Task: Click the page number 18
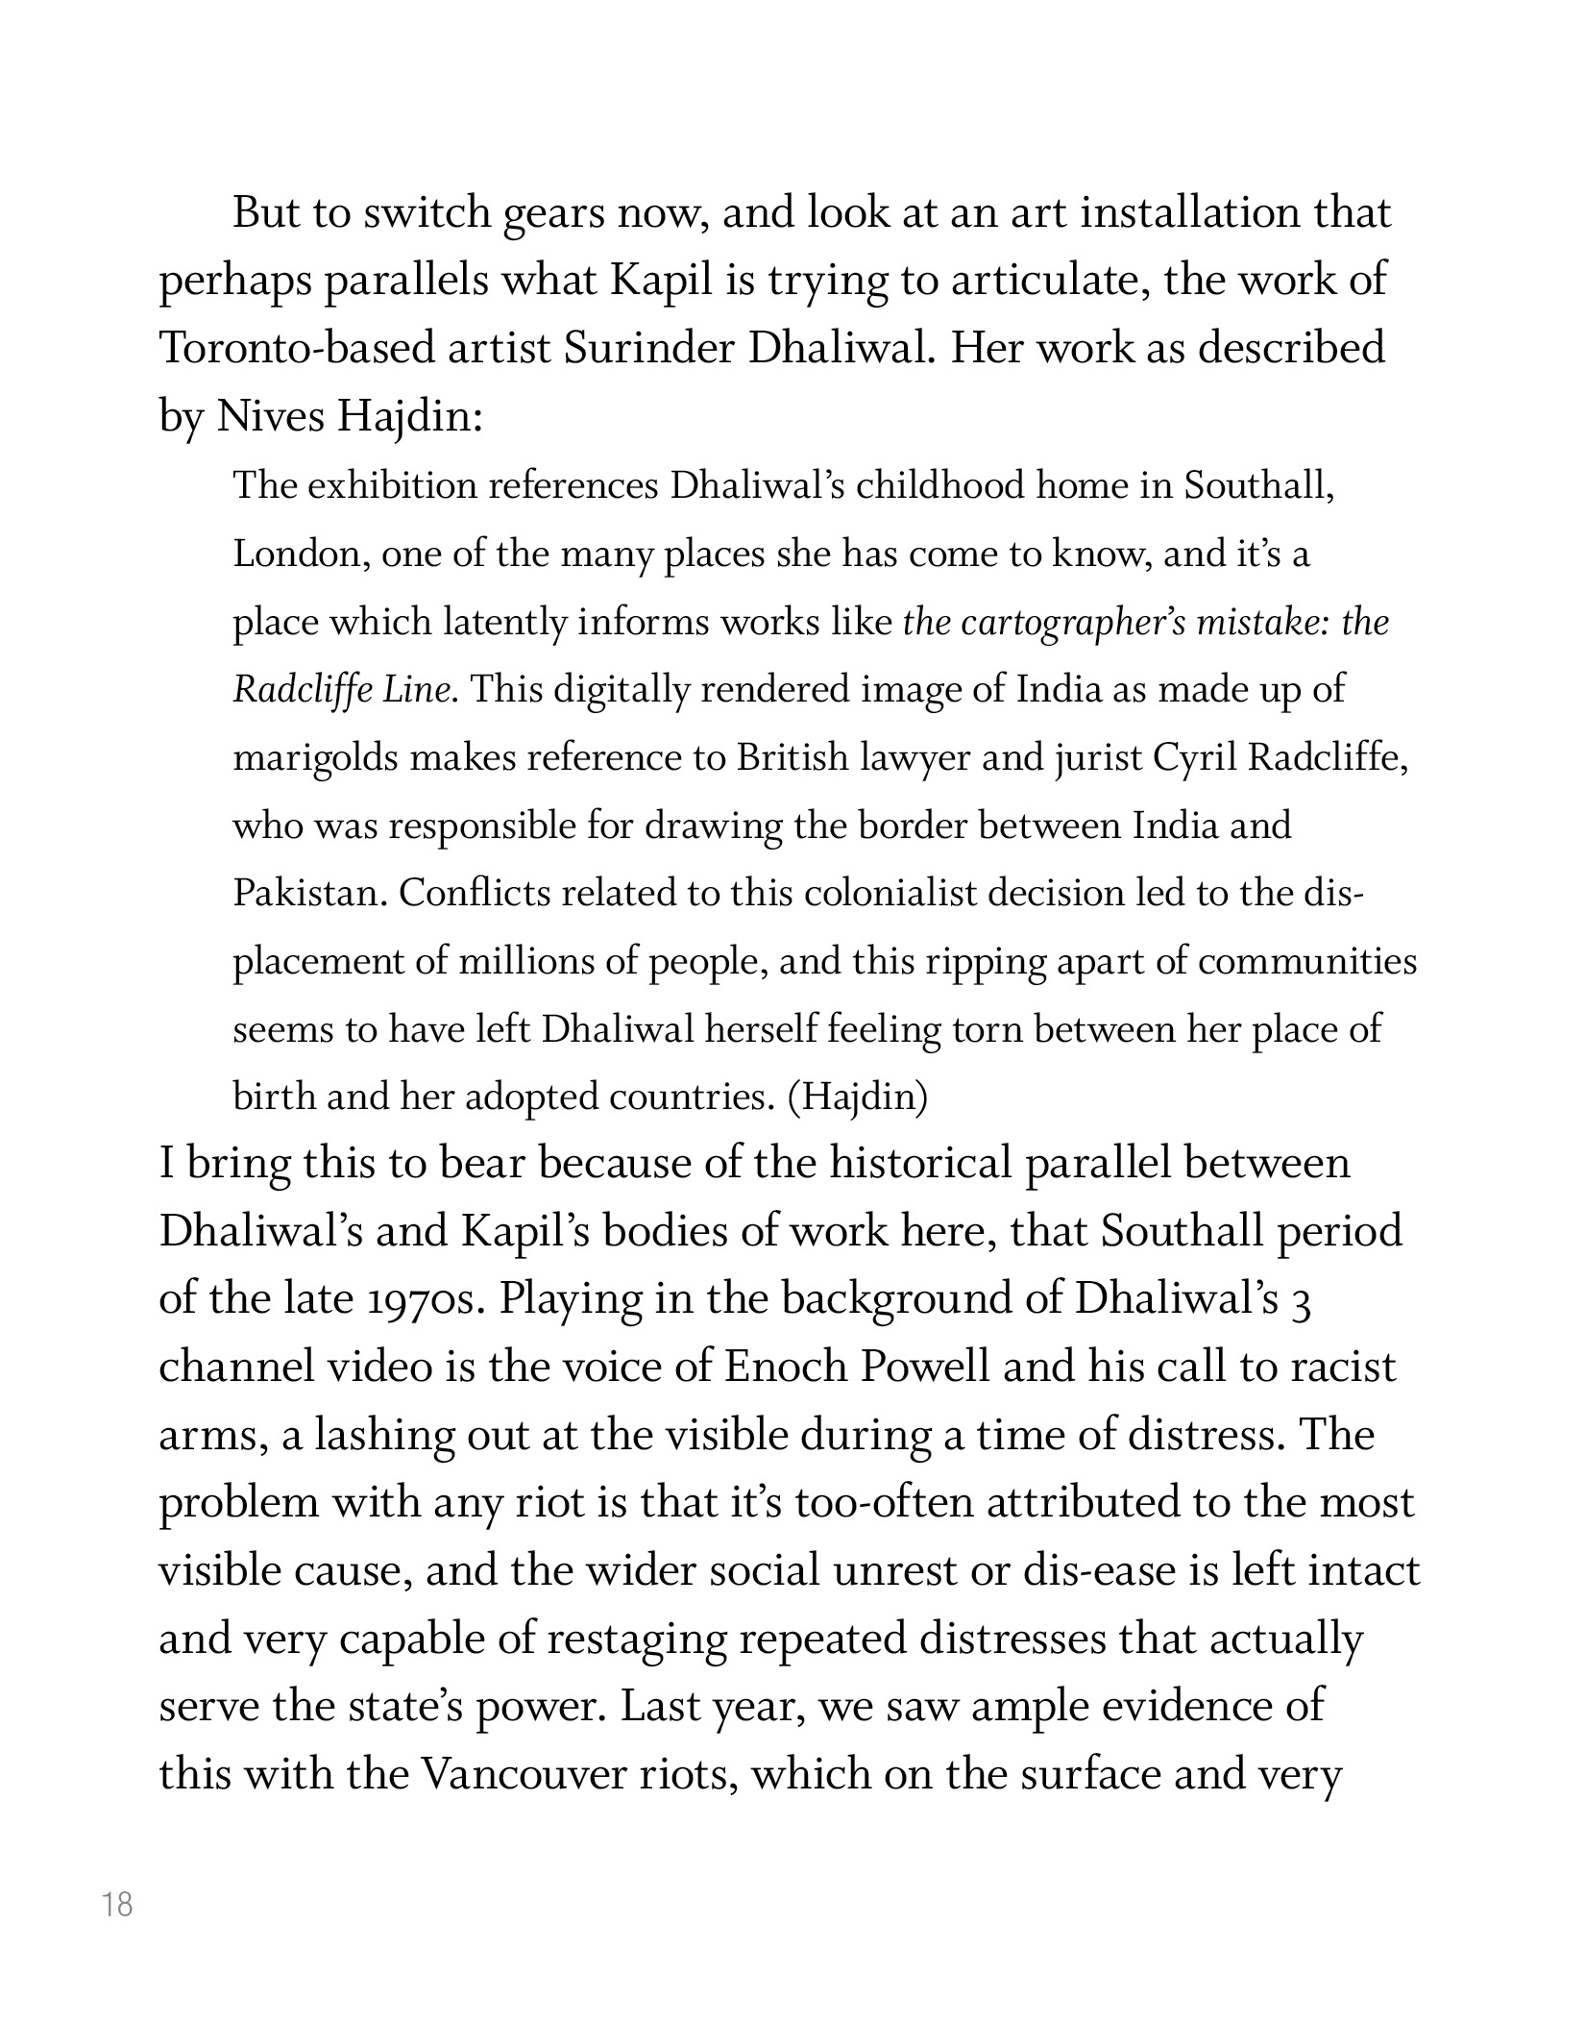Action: click(117, 1904)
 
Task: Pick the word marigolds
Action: click(315, 759)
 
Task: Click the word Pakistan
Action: click(308, 894)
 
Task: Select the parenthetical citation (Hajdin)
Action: click(857, 1097)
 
